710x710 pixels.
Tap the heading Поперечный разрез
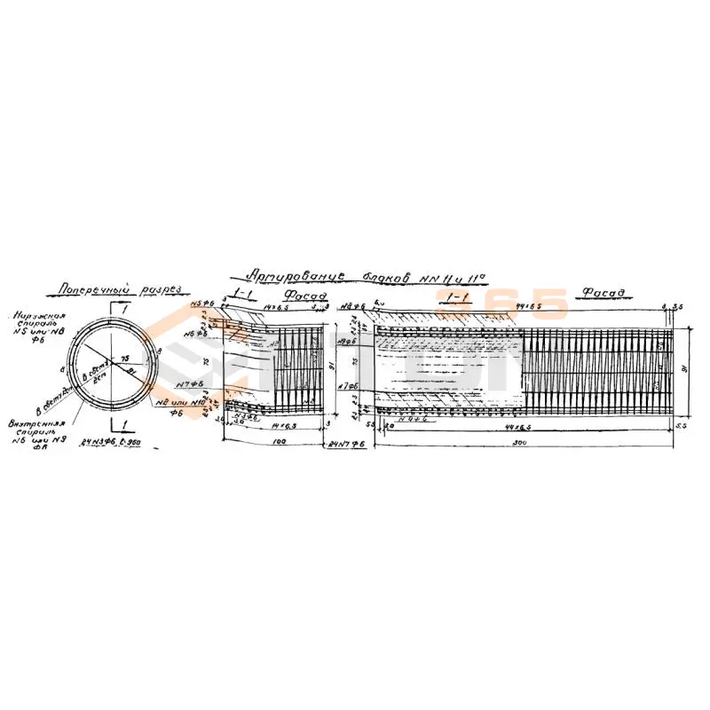[119, 289]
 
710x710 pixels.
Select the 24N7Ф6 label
[347, 441]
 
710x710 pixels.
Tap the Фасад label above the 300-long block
[600, 292]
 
